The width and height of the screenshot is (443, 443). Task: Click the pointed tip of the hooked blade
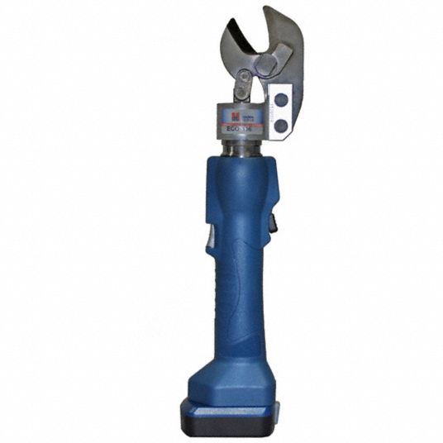[x=266, y=10]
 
